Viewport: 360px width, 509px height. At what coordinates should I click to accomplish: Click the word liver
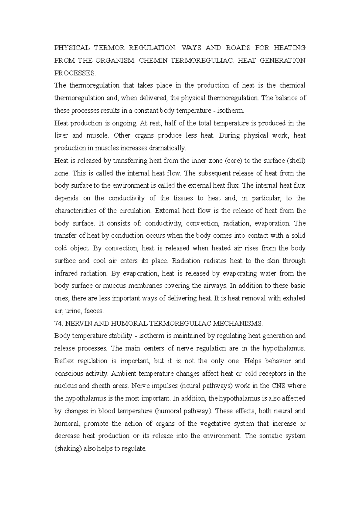point(61,135)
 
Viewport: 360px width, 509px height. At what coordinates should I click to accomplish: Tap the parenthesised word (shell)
point(296,161)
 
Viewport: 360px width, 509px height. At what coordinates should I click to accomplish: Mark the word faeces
point(94,311)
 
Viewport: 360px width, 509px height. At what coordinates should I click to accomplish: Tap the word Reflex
point(64,361)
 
